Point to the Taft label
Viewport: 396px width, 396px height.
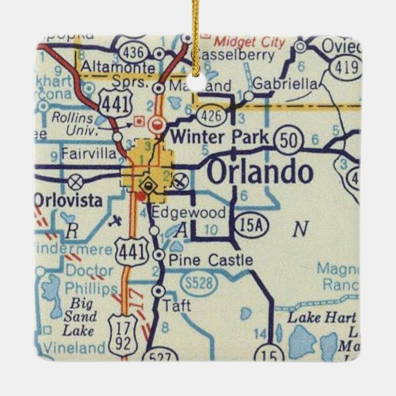point(178,305)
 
